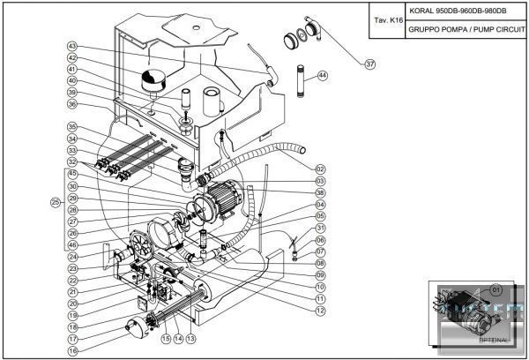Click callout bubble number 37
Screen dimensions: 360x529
[x=370, y=63]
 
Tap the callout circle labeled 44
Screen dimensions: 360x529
[x=323, y=76]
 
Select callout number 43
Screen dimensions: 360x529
[x=72, y=46]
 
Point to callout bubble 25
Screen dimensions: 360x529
[x=55, y=202]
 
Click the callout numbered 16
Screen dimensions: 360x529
[x=72, y=350]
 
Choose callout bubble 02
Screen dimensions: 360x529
[x=320, y=169]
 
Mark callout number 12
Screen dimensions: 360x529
[x=320, y=311]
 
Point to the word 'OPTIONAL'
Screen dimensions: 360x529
[x=494, y=339]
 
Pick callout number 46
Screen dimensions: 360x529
[x=72, y=244]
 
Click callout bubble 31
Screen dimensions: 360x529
[x=320, y=228]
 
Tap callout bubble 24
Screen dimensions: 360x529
[x=72, y=257]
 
